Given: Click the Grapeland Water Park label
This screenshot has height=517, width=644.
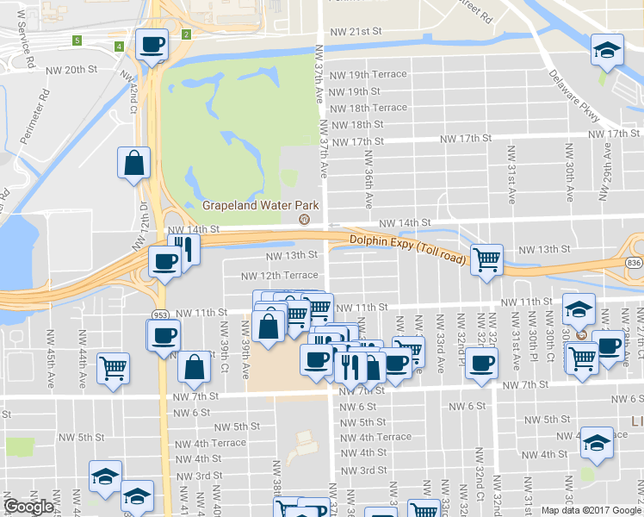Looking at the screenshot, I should (260, 205).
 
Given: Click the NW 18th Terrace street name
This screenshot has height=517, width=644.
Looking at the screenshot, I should (368, 108).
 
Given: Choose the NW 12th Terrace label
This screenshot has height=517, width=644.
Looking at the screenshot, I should (279, 276).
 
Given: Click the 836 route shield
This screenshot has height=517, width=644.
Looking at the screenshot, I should (635, 263).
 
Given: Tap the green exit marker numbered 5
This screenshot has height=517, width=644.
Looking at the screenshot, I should (77, 40).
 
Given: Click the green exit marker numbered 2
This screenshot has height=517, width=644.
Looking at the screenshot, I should (186, 34).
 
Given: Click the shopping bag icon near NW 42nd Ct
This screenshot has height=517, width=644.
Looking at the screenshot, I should (135, 162).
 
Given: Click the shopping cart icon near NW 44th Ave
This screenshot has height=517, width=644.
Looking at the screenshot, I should (112, 368).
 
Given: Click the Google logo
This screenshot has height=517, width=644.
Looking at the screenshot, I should (28, 507).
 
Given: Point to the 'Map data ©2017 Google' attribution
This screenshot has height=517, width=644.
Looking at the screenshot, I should (591, 510).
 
